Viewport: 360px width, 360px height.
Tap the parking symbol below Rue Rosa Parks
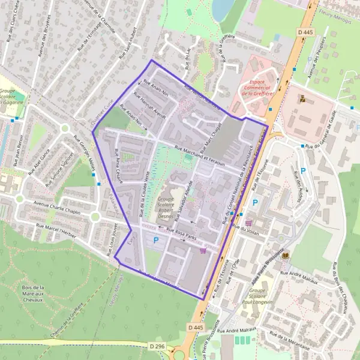pos(157,241)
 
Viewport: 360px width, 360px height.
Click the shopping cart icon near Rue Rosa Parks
pos(203,251)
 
